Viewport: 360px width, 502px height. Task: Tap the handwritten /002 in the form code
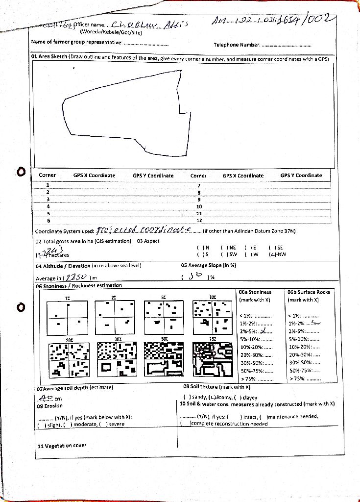coord(320,20)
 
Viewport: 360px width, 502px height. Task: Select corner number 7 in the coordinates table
coord(198,186)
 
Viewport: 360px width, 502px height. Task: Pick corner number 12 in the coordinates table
coord(199,221)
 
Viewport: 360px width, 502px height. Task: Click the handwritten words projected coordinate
coord(140,230)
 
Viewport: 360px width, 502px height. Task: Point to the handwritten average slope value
coord(195,276)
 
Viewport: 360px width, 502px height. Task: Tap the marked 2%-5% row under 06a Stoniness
coord(256,331)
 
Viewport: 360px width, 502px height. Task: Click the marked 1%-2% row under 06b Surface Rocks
coord(304,323)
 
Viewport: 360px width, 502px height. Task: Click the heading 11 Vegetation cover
coord(62,446)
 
